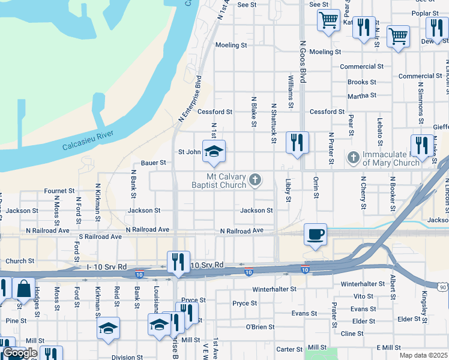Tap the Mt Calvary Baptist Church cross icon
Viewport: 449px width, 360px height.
click(255, 178)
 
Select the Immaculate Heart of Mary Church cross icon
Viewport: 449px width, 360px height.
click(354, 158)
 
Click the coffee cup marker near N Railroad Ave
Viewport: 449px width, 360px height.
click(315, 234)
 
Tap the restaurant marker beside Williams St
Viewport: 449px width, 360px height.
click(297, 142)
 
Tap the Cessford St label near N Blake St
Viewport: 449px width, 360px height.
click(215, 112)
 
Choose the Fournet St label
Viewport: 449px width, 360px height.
click(59, 191)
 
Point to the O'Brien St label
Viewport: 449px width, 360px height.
click(261, 326)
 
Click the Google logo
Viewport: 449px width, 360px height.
click(20, 353)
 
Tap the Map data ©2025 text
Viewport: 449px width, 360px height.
click(423, 355)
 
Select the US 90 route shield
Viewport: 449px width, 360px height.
click(442, 288)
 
